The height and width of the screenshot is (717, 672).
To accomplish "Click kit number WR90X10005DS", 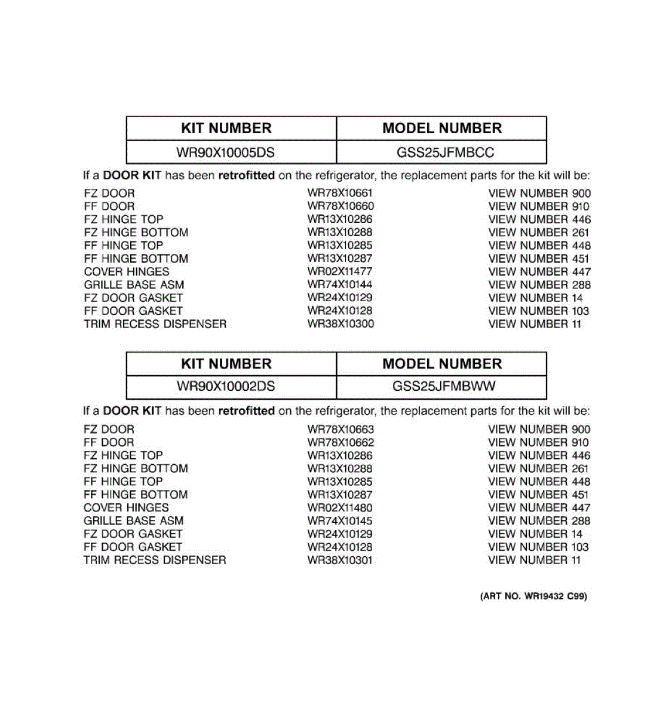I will click(225, 152).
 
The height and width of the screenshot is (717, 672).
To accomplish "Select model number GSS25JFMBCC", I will click(445, 152).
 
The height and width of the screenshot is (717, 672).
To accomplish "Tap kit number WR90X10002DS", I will click(225, 387).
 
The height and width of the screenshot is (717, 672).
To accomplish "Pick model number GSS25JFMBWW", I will click(444, 386).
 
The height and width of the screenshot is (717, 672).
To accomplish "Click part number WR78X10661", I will click(340, 193).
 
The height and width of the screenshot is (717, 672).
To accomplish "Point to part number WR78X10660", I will click(340, 206).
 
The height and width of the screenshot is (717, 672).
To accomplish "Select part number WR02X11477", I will click(340, 271).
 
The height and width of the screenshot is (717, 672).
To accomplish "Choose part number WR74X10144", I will click(340, 284).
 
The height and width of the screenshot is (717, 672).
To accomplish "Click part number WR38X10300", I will click(340, 324).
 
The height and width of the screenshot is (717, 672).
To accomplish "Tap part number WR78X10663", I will click(340, 429).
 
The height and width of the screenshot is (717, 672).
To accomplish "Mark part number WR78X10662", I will click(340, 442).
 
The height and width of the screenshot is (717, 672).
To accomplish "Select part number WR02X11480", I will click(340, 507).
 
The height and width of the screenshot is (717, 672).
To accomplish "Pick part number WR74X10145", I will click(340, 520).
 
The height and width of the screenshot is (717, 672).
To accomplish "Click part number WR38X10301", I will click(340, 560).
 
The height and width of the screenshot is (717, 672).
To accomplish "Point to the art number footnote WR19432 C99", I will click(533, 596).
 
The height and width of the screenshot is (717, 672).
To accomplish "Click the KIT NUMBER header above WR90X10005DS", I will click(226, 128).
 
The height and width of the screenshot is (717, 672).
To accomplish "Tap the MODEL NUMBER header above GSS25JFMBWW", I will click(442, 364).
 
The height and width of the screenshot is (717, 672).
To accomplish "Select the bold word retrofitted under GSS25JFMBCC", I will click(246, 176).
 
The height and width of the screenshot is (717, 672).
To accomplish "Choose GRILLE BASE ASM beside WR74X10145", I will click(134, 520).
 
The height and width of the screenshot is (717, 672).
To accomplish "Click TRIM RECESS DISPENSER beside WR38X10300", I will click(155, 324).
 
